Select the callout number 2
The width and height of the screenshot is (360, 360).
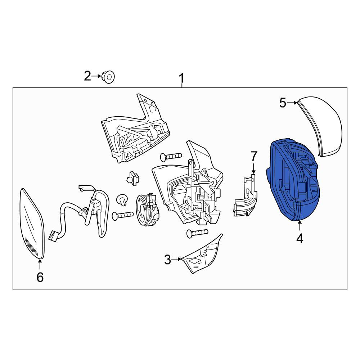[x=87, y=76]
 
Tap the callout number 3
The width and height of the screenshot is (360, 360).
[x=168, y=260]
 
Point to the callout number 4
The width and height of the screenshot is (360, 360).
[x=300, y=239]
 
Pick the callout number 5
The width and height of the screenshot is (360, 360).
[x=283, y=103]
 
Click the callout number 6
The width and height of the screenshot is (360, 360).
[x=40, y=277]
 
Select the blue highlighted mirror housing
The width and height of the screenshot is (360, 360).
[x=293, y=180]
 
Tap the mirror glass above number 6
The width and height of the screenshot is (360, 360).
[x=32, y=223]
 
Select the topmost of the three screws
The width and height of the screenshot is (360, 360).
[x=171, y=157]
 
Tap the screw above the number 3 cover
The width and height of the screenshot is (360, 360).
[x=197, y=233]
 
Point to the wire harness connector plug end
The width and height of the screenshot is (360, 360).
[x=54, y=236]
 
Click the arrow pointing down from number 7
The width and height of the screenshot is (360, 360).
[x=254, y=168]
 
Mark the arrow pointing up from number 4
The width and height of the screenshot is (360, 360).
[x=300, y=225]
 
